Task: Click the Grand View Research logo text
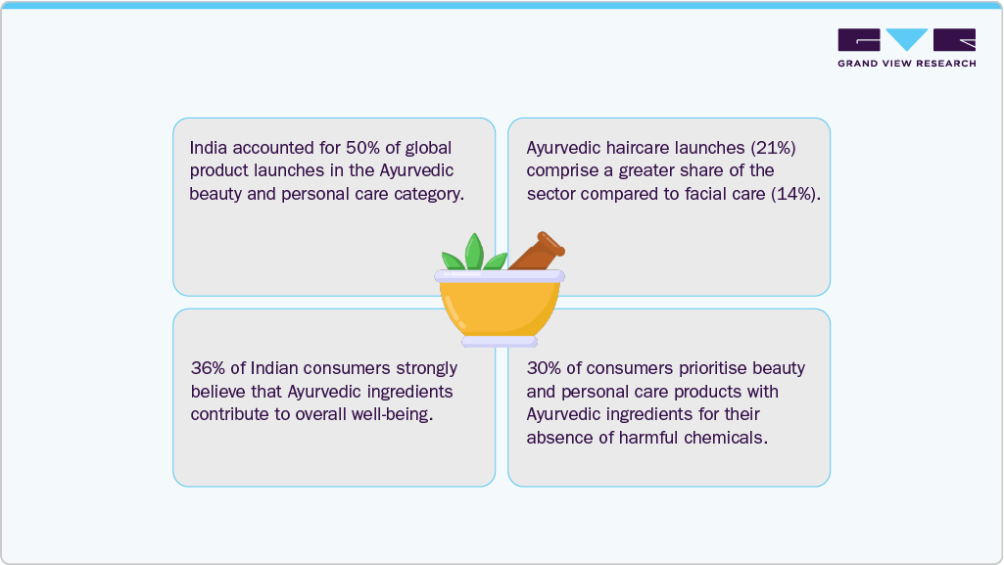pyautogui.click(x=906, y=64)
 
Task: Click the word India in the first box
pyautogui.click(x=210, y=148)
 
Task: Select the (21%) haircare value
pyautogui.click(x=774, y=148)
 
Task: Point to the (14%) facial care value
pyautogui.click(x=795, y=194)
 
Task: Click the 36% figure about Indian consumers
pyautogui.click(x=207, y=369)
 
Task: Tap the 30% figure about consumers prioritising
pyautogui.click(x=544, y=369)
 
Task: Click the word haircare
pyautogui.click(x=647, y=148)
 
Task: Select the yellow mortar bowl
pyautogui.click(x=500, y=306)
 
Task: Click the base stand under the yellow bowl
pyautogui.click(x=500, y=342)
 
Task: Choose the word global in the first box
pyautogui.click(x=427, y=148)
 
